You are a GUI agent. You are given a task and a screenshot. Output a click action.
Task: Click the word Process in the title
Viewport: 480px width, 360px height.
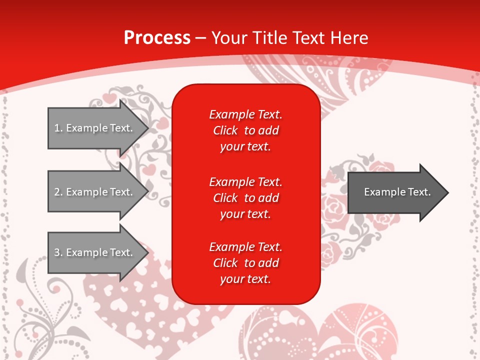157,37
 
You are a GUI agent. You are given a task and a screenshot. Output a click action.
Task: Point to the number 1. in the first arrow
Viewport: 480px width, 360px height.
58,128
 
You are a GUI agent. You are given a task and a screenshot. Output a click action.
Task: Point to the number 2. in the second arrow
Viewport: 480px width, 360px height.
58,192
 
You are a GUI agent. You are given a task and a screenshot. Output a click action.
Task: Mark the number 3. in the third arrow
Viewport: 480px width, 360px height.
58,252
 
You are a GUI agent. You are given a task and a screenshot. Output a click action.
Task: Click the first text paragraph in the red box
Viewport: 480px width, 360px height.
245,130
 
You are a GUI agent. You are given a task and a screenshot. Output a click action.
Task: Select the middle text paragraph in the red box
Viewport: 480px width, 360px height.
245,198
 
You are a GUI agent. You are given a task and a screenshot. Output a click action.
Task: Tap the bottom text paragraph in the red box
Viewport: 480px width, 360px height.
245,263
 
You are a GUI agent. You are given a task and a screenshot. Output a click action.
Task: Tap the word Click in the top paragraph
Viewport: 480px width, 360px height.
225,130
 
